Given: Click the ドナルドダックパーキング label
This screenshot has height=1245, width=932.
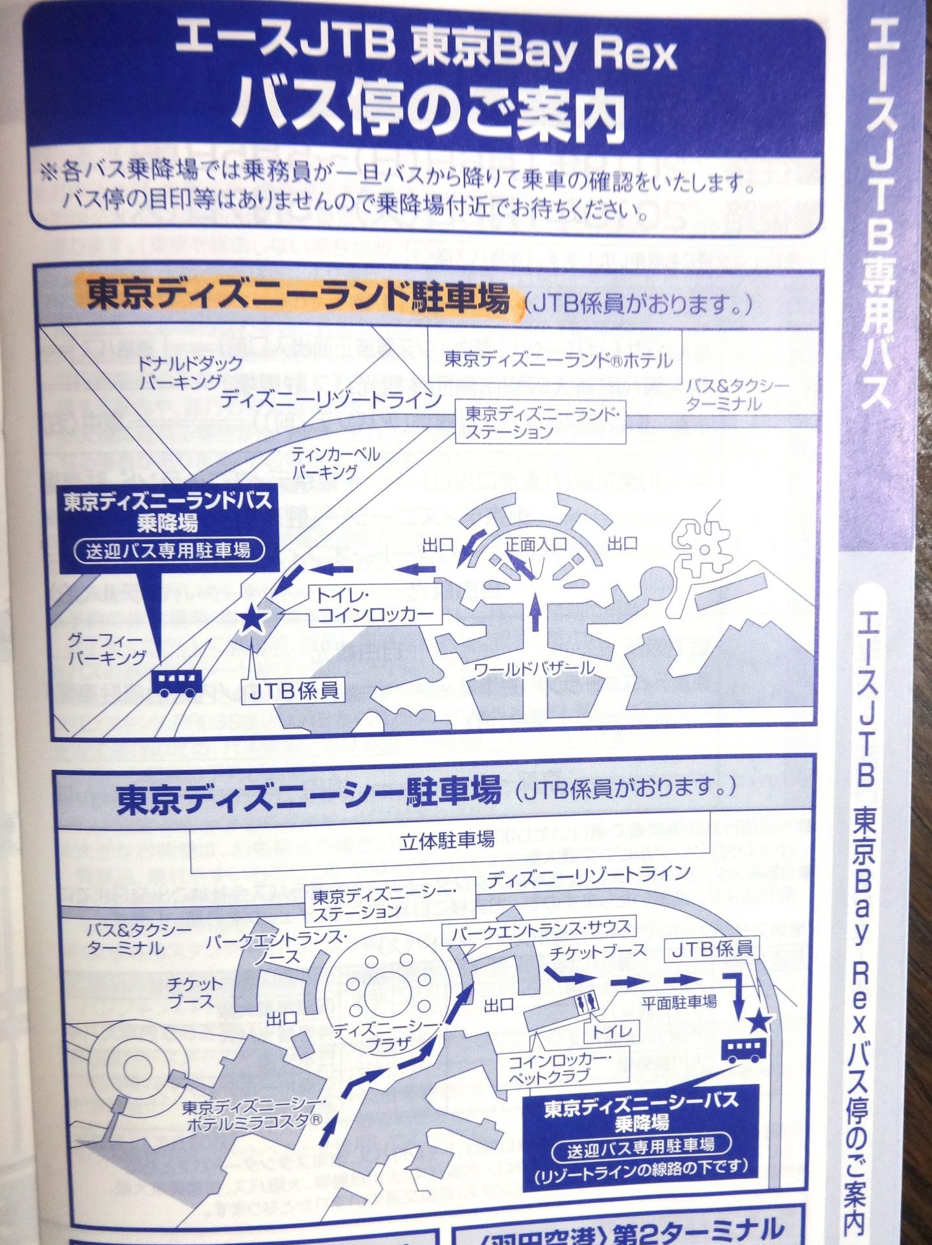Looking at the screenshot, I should point(181,373).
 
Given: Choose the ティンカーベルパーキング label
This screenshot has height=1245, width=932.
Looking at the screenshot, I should point(335,462).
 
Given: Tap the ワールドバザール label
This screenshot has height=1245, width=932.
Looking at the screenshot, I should point(534,668).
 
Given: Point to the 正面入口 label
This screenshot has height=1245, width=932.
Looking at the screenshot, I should point(536,544).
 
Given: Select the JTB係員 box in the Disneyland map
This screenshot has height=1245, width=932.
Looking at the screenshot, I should point(294,691).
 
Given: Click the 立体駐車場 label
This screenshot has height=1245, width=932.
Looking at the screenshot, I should point(447,841).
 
